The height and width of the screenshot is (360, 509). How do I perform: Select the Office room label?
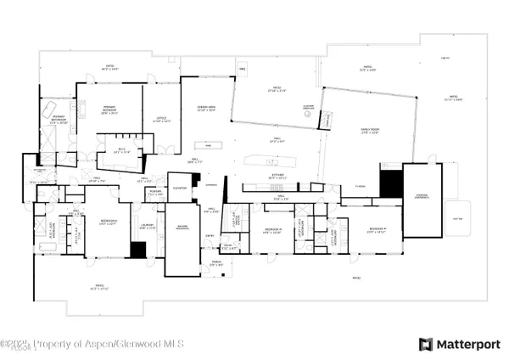[x=161, y=120]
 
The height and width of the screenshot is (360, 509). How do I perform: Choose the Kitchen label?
[x=279, y=177]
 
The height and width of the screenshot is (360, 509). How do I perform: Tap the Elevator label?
[x=179, y=187]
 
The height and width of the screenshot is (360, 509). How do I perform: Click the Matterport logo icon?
[x=426, y=344]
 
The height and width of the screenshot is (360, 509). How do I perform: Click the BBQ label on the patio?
[x=242, y=67]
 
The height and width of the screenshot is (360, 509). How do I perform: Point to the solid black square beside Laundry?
[x=138, y=250]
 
